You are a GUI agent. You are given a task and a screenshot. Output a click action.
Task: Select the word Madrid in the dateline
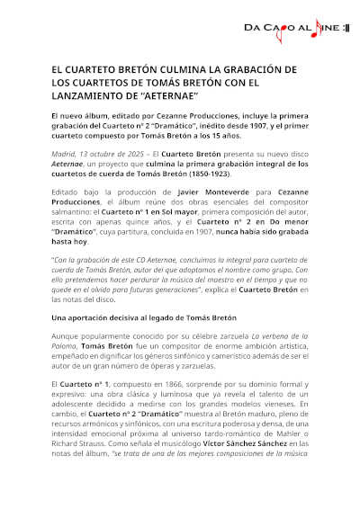(x=64, y=153)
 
